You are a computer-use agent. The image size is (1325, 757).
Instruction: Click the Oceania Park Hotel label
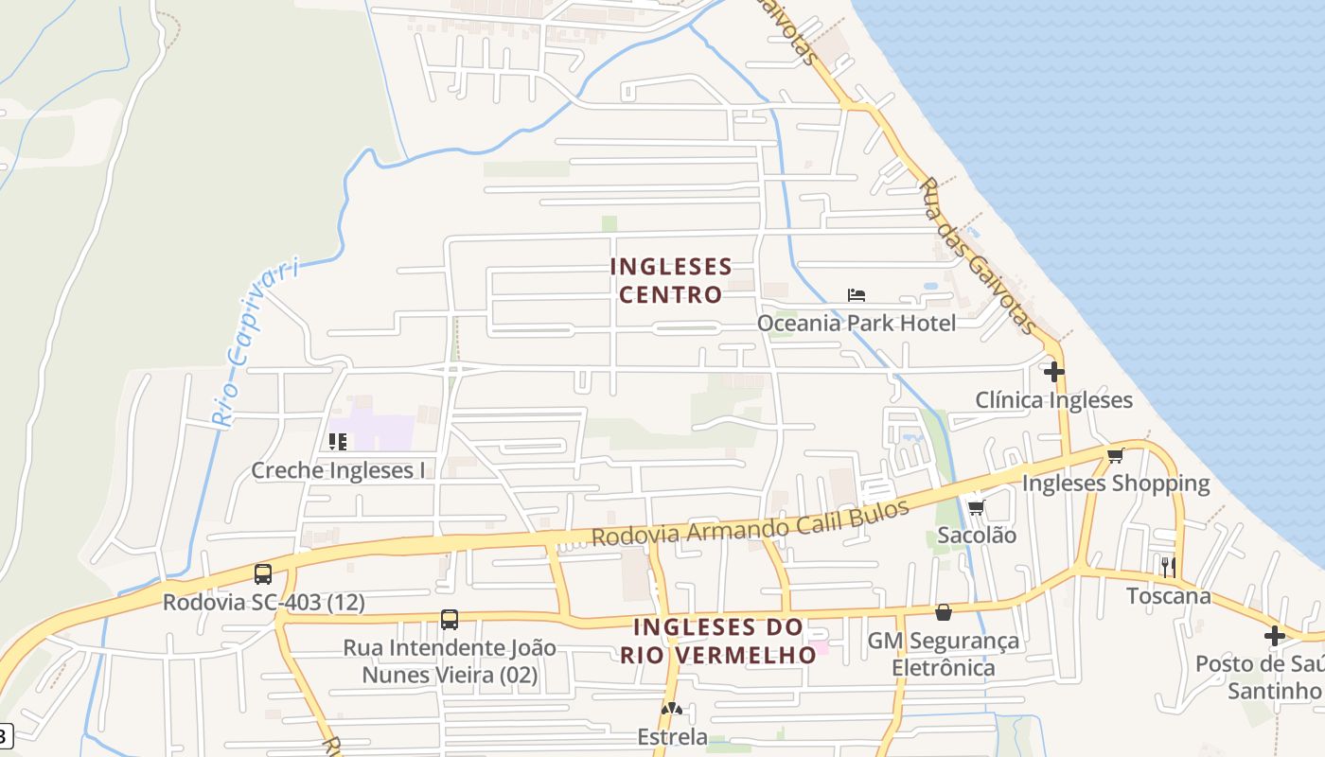(x=856, y=323)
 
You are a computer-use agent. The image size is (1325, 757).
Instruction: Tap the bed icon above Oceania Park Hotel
(x=857, y=294)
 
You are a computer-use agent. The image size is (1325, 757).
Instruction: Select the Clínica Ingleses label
(x=1053, y=400)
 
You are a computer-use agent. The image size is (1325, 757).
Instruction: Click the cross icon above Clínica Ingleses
(x=1053, y=372)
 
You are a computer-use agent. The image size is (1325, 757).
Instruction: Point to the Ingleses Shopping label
(x=1115, y=484)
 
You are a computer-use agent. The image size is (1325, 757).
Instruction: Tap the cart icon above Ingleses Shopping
(x=1116, y=456)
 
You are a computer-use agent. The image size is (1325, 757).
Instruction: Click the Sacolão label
(x=977, y=536)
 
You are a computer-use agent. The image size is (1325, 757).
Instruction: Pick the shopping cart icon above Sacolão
(x=976, y=508)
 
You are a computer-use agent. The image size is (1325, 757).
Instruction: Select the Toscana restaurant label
(x=1168, y=596)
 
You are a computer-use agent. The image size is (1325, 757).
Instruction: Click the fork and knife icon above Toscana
(x=1169, y=567)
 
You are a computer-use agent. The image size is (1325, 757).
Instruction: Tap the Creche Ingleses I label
(x=338, y=470)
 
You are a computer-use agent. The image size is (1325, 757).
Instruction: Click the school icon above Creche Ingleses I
(x=338, y=441)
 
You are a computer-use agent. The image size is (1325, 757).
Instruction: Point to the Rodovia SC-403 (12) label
(x=263, y=602)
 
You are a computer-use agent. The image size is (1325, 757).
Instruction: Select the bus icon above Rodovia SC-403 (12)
(x=263, y=573)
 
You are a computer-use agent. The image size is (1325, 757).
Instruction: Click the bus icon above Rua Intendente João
(x=450, y=620)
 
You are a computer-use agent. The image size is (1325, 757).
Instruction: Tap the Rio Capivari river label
(x=254, y=343)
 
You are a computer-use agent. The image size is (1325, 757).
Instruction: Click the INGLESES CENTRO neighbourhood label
(x=671, y=280)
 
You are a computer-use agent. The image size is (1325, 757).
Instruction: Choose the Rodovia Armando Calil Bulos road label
(x=750, y=523)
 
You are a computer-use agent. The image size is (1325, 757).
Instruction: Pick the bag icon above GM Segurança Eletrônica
(x=944, y=613)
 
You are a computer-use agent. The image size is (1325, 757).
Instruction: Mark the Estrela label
(x=672, y=736)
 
